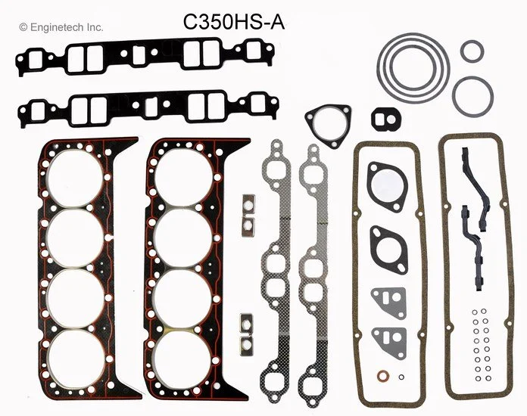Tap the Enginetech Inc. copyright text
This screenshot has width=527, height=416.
tap(62, 26)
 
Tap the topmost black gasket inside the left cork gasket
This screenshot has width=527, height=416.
tap(387, 184)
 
